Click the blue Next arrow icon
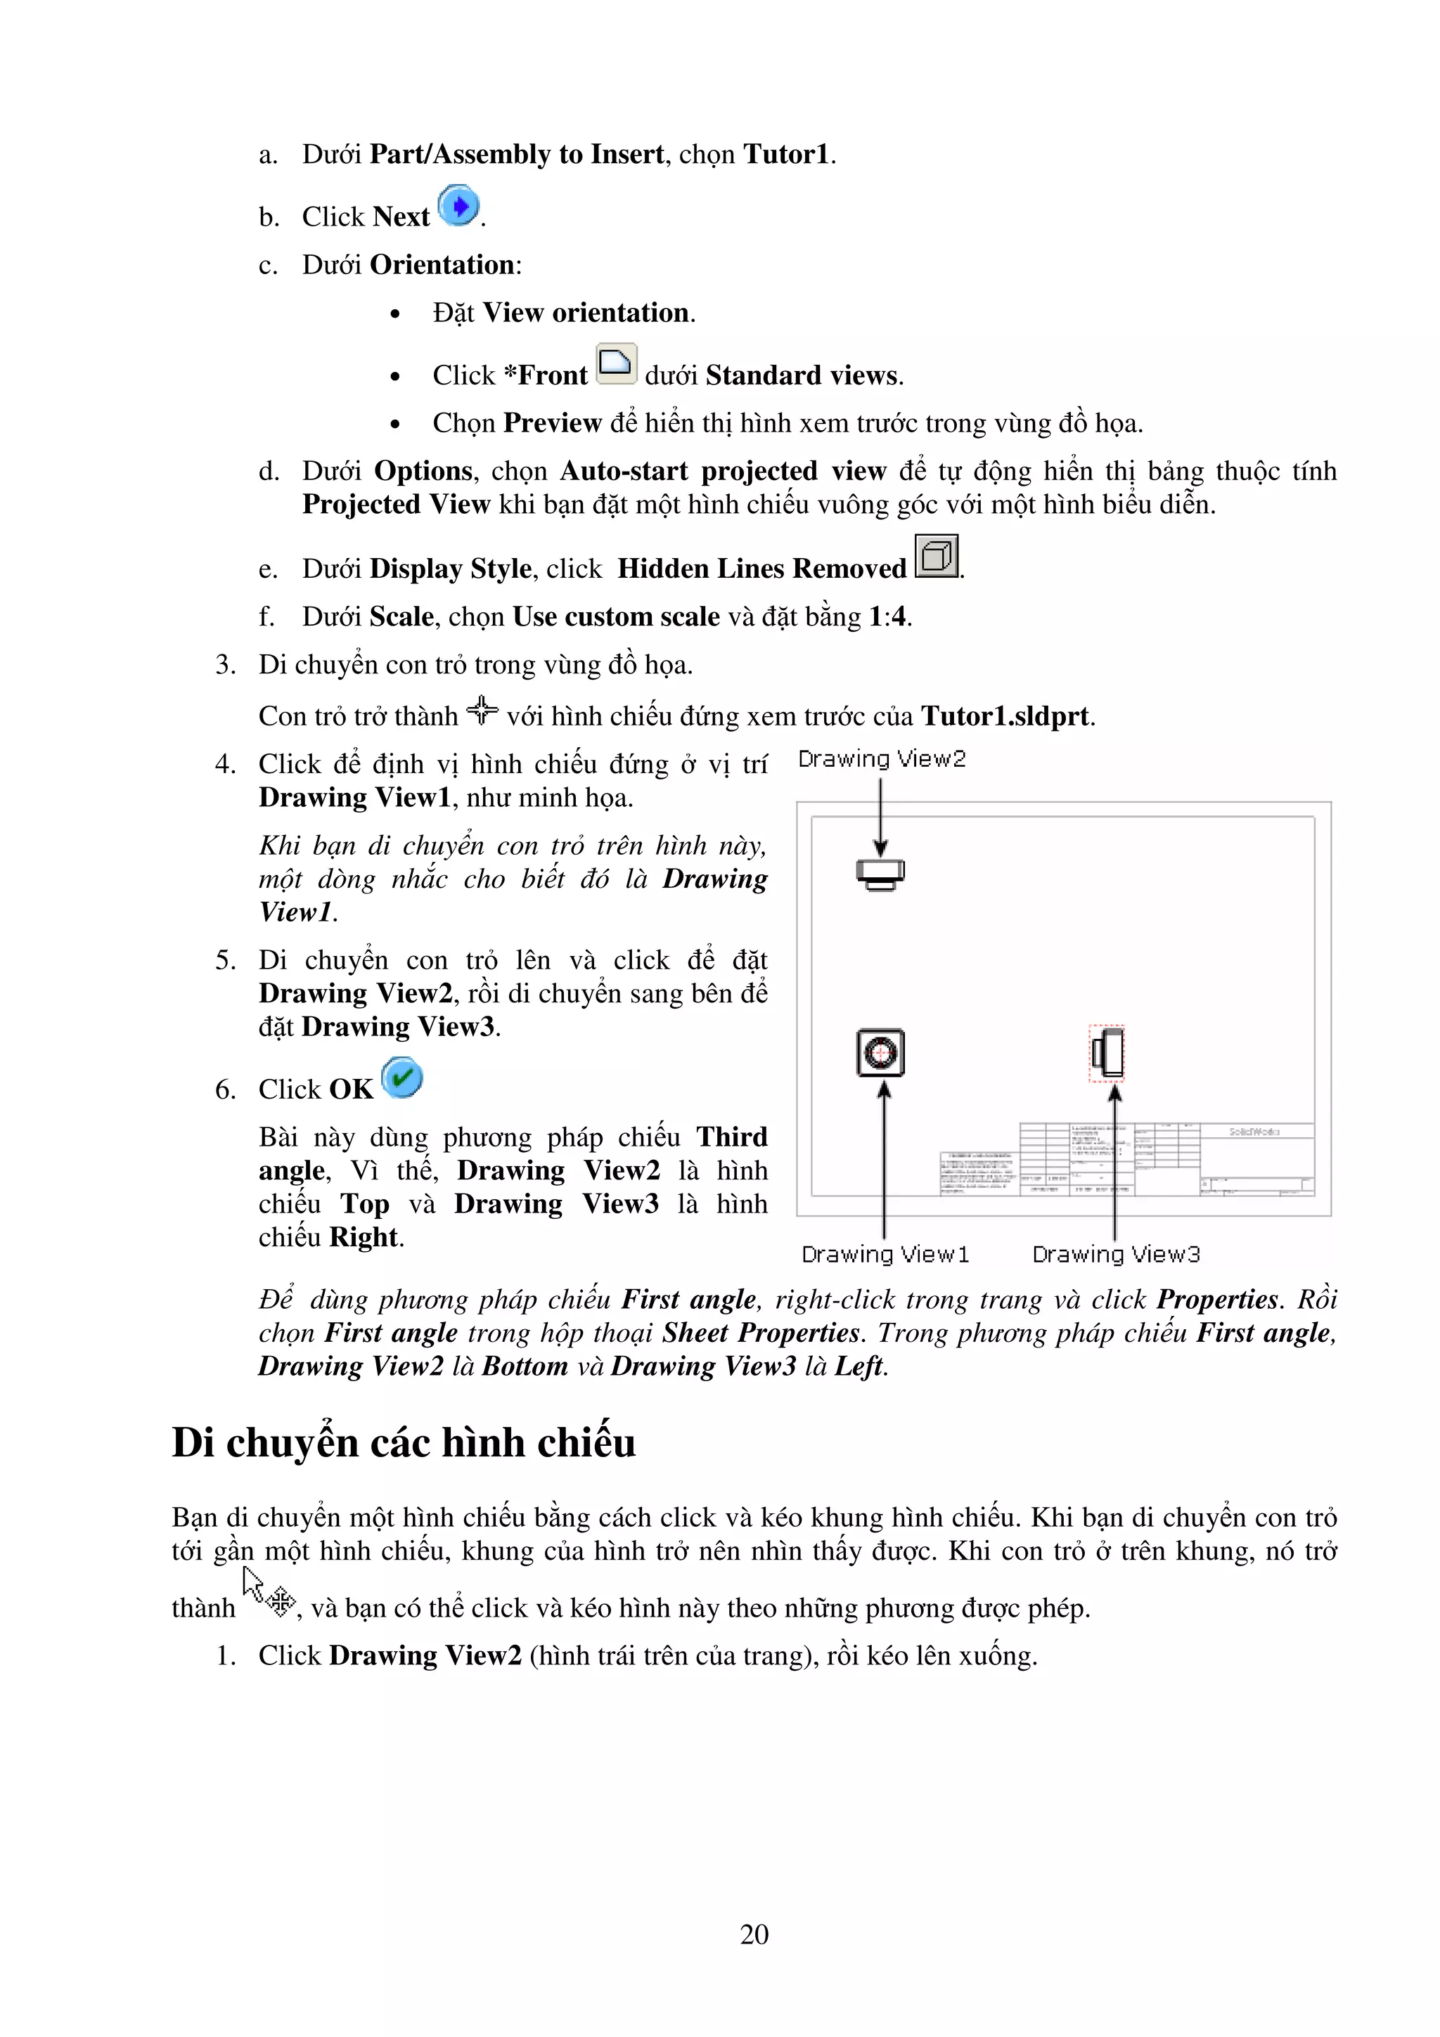(x=458, y=207)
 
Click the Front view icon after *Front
(x=616, y=364)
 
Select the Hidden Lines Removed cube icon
(x=936, y=556)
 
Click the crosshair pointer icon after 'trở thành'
(x=482, y=710)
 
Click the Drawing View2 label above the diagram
(x=881, y=758)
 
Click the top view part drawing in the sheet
(x=880, y=874)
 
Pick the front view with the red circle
(x=880, y=1052)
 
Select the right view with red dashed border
(x=1107, y=1053)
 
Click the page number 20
(x=754, y=1934)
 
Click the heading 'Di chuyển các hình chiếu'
(x=404, y=1442)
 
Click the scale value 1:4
(x=888, y=616)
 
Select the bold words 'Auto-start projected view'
(x=722, y=470)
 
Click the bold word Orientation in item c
(x=442, y=264)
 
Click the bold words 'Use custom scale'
(x=616, y=616)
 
